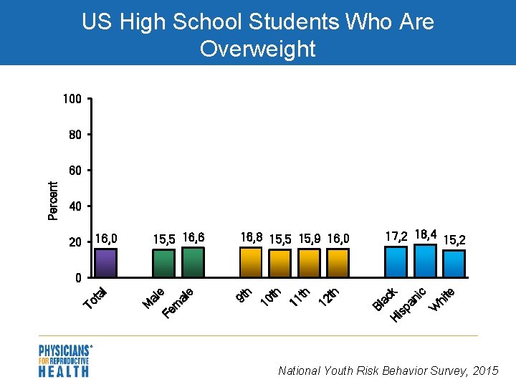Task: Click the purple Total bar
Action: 106,263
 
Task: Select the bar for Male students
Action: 164,264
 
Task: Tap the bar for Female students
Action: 193,263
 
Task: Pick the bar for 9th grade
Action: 251,263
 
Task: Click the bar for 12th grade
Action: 338,263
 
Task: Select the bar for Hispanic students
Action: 425,262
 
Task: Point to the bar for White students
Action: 454,264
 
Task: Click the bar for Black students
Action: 396,262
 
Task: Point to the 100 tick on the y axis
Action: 72,99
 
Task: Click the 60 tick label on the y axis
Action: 75,171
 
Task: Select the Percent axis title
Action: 53,200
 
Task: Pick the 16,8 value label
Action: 252,236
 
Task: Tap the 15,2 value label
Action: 454,240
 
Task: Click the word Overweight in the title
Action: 258,49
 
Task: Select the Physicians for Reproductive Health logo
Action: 64,361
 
